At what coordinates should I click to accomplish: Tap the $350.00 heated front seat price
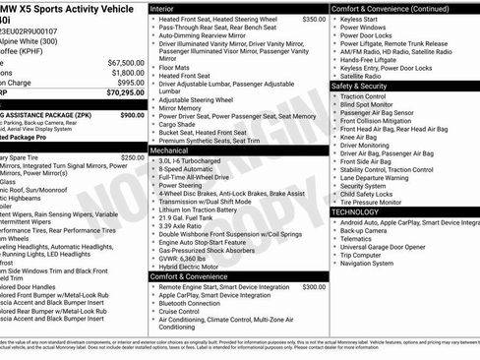(314, 19)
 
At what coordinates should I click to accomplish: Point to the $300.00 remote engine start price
(314, 287)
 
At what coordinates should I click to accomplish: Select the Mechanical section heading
(176, 150)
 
